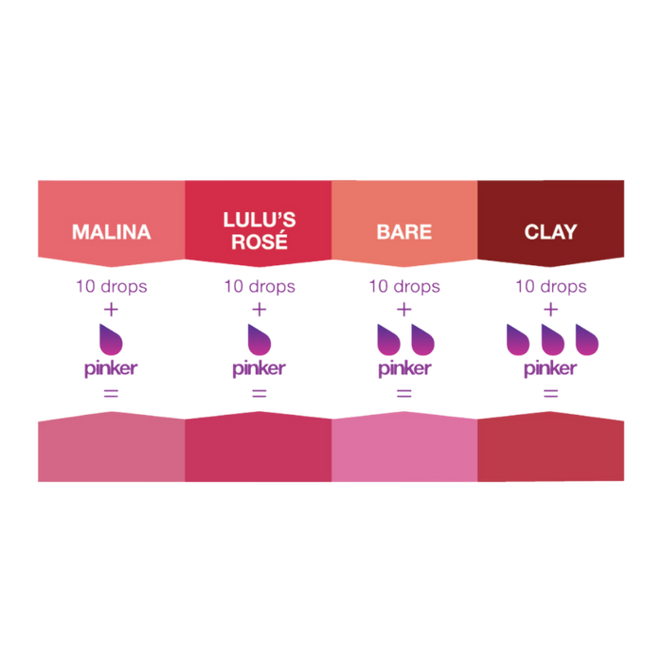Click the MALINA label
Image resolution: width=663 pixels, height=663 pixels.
pos(111,232)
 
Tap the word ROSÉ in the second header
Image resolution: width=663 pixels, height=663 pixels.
pos(260,242)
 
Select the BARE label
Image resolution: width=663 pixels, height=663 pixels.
pos(404,232)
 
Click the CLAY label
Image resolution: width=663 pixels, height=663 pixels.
pos(550,232)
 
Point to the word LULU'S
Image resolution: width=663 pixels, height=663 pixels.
pos(260,220)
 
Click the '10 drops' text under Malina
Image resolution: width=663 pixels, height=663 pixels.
pos(111,286)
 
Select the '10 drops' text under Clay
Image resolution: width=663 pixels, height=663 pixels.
pos(550,286)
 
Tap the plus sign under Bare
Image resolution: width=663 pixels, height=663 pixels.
pos(404,310)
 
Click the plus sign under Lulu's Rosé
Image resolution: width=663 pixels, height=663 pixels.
pos(260,310)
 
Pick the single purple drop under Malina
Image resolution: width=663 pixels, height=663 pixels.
pos(111,340)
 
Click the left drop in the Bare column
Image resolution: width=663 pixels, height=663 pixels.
pos(388,340)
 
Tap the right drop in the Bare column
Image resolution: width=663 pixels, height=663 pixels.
pos(422,340)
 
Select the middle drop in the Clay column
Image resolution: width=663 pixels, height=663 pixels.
pos(552,340)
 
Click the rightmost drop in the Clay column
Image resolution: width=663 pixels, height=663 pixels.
pos(587,340)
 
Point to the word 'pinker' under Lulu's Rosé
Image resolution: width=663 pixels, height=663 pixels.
pos(260,368)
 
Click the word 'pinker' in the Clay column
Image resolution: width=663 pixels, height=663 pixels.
pos(550,368)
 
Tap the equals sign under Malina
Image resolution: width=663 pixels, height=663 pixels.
pos(111,394)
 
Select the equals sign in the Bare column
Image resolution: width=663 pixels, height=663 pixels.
pos(404,394)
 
